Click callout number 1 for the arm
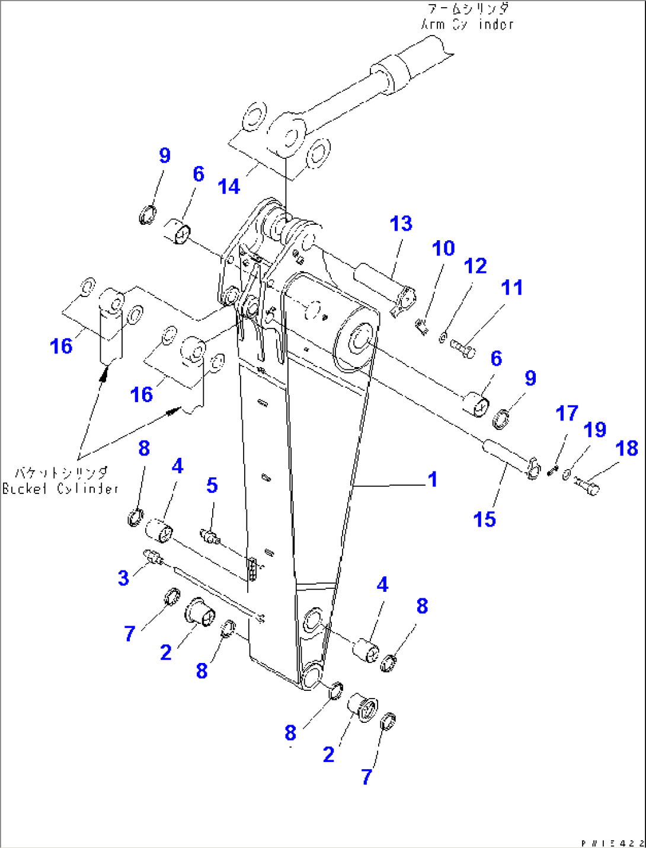coord(433,479)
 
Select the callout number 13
coord(401,224)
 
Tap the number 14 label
coord(229,186)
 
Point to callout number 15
coord(484,519)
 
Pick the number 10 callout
coord(443,248)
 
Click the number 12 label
coord(475,266)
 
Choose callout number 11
coord(512,288)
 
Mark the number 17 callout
coord(567,413)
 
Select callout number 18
coord(626,448)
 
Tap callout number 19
coord(594,429)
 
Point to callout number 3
coord(123,578)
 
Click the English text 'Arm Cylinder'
coord(467,25)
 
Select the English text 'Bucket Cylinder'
coord(60,489)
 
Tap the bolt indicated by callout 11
coord(463,349)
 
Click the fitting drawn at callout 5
coord(210,537)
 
